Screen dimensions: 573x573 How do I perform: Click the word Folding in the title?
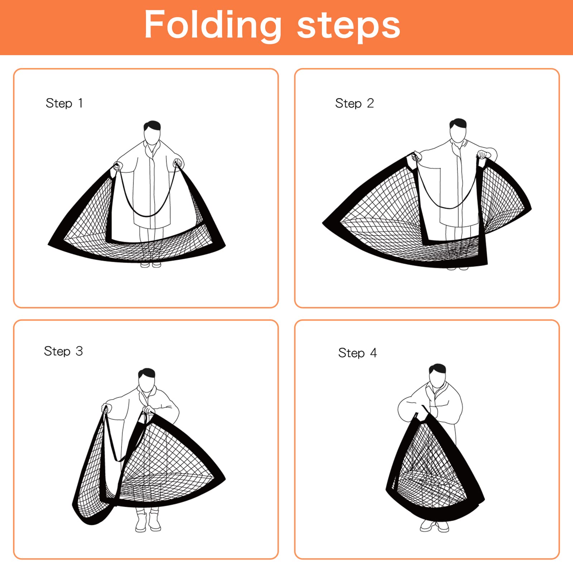[213, 25]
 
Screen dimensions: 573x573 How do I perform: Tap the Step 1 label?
[64, 103]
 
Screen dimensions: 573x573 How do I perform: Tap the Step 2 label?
[354, 103]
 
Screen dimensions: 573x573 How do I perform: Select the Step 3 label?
[63, 351]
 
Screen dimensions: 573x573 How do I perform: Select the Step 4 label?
[357, 353]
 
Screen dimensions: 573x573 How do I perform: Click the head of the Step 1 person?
[152, 133]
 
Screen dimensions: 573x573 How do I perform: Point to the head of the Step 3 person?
[147, 380]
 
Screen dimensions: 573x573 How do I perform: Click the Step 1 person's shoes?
[151, 265]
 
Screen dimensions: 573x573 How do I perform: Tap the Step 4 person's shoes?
[434, 526]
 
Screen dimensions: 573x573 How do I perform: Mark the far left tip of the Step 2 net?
[324, 223]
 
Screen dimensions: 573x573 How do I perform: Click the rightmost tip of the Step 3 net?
[224, 478]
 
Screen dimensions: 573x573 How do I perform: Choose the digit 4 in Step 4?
[373, 353]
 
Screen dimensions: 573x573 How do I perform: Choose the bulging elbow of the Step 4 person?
[403, 410]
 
